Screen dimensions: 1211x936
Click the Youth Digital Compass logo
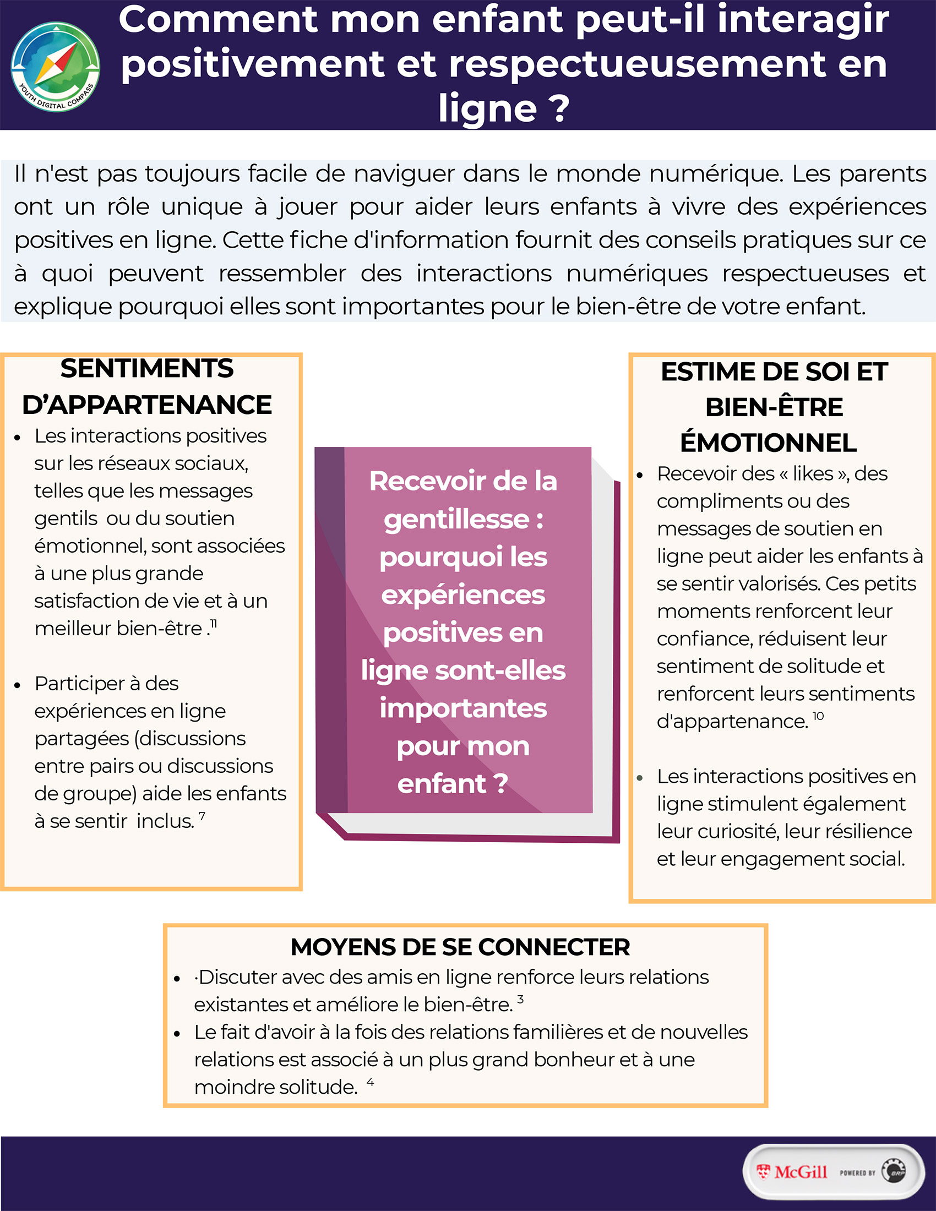pyautogui.click(x=56, y=67)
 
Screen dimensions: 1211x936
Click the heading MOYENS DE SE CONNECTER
pyautogui.click(x=460, y=947)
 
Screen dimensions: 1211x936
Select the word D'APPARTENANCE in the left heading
pyautogui.click(x=147, y=405)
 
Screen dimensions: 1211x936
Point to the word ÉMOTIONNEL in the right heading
pyautogui.click(x=769, y=443)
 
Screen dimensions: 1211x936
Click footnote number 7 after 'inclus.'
pyautogui.click(x=202, y=816)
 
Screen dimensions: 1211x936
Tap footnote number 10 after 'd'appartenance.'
pyautogui.click(x=818, y=716)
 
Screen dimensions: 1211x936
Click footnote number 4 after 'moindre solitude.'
pyautogui.click(x=371, y=1082)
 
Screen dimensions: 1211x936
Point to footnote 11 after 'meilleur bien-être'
pyautogui.click(x=214, y=624)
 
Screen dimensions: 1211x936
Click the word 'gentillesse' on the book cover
pyautogui.click(x=456, y=519)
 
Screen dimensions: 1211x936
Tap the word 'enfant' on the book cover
pyautogui.click(x=442, y=783)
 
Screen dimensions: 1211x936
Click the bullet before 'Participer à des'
pyautogui.click(x=18, y=685)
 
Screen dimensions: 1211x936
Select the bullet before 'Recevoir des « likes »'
pyautogui.click(x=640, y=475)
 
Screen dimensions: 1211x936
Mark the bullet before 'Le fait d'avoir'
pyautogui.click(x=177, y=1034)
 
